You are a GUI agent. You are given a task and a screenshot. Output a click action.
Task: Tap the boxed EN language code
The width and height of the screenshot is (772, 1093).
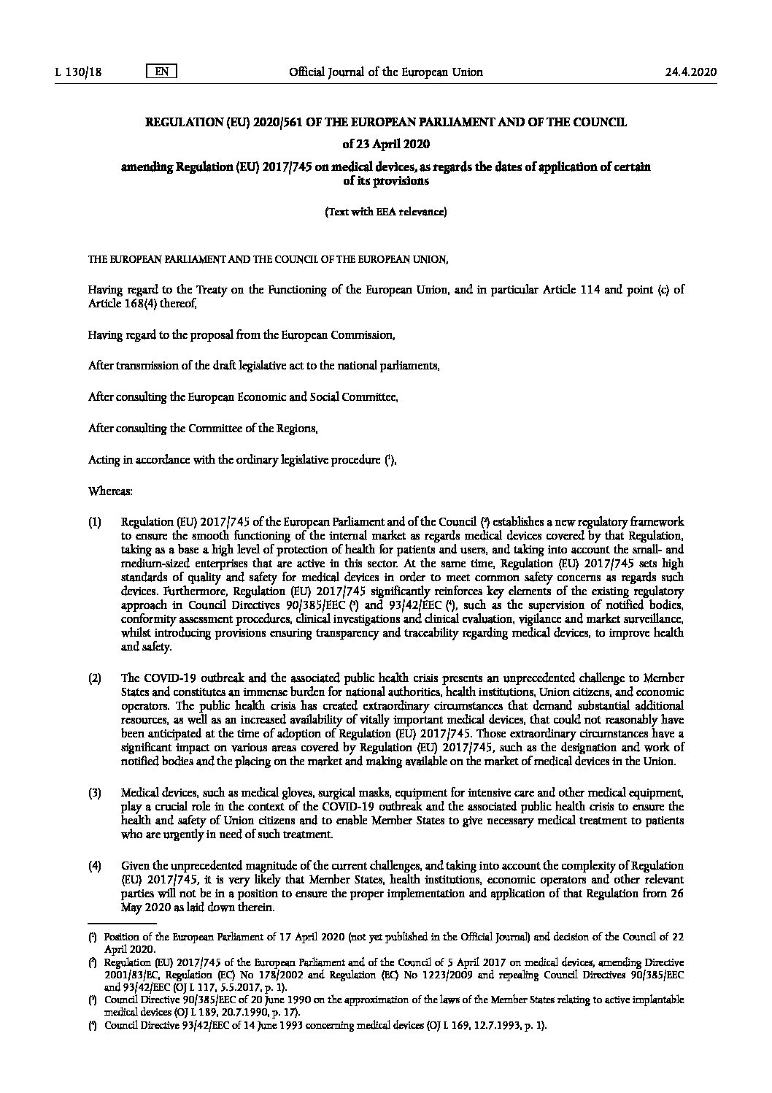pos(162,72)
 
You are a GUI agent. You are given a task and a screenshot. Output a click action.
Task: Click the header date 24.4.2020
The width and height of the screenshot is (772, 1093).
pos(691,72)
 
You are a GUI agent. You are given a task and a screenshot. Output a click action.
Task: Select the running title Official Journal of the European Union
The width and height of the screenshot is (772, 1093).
pos(386,72)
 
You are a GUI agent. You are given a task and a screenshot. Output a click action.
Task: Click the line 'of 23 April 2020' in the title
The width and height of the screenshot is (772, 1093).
pos(385,143)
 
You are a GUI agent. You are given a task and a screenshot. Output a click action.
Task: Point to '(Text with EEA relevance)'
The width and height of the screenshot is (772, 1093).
pos(385,212)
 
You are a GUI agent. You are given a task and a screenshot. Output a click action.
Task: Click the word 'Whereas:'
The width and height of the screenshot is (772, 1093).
pos(110,492)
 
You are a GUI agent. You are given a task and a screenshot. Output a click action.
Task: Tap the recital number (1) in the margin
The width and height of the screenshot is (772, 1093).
pos(95,522)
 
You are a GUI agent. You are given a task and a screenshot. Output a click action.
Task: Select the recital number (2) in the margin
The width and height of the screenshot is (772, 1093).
pos(95,678)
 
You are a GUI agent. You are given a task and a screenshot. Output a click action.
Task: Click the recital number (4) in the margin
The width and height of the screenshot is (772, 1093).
pos(95,866)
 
